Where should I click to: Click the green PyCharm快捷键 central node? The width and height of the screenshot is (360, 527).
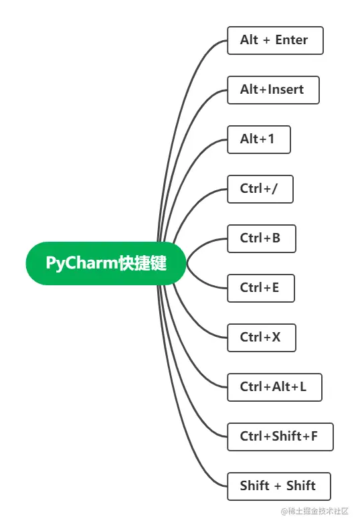coord(106,263)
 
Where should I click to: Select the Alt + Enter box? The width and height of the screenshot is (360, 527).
coord(275,40)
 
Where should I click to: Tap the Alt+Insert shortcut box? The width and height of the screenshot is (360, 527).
coord(273,90)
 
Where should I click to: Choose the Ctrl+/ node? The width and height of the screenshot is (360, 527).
coord(260,189)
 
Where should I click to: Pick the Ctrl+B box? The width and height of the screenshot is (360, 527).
coord(261,238)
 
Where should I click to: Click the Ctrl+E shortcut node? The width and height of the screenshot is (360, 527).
coord(260,288)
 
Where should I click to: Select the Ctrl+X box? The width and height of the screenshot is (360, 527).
coord(261,337)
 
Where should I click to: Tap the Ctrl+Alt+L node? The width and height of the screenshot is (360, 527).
coord(274,387)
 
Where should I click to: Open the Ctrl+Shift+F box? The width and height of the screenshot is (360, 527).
coord(280,437)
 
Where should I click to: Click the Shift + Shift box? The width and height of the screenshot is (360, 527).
coord(278,486)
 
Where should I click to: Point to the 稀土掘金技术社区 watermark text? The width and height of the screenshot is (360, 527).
coord(314,511)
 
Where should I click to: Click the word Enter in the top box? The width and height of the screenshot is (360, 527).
coord(291,40)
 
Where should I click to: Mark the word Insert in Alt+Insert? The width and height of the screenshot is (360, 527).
coord(286,90)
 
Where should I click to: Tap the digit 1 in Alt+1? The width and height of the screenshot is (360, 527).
coord(270,139)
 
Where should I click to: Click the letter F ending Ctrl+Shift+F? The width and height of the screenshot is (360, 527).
coord(314,437)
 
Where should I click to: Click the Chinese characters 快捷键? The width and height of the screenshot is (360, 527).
coord(142,263)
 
